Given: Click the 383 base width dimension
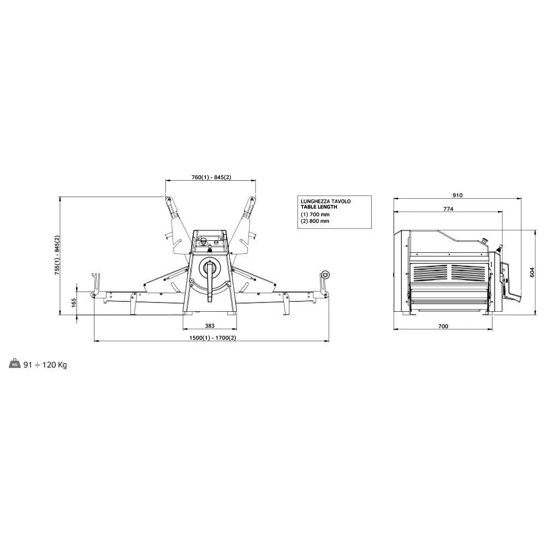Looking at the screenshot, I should pos(210,325).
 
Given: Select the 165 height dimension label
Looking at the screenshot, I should pos(74,302).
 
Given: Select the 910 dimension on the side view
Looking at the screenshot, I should pos(457,195).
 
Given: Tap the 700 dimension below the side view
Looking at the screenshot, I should pos(443,326).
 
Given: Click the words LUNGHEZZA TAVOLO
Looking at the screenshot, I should pos(326,201).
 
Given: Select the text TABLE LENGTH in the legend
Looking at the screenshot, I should pos(319,207).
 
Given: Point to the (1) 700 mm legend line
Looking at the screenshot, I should pos(315,215).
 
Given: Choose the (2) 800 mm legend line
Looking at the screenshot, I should pos(315,221).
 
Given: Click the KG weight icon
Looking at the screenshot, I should pos(15,364).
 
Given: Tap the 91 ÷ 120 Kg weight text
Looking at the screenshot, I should pos(45,365).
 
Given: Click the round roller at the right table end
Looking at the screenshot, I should pos(326,275).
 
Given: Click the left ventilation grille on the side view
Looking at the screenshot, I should pos(429,272).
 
